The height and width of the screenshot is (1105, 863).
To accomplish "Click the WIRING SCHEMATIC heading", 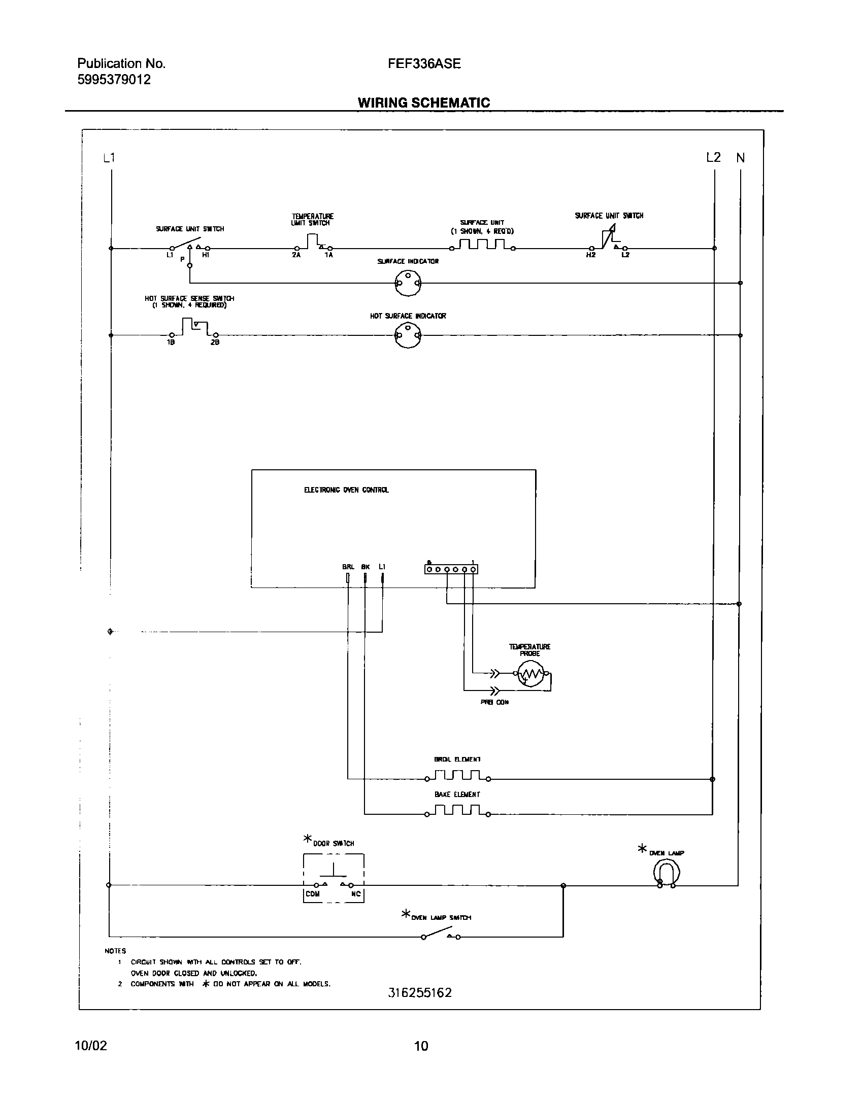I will tap(424, 103).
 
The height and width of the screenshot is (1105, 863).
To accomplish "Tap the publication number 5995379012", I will tap(114, 80).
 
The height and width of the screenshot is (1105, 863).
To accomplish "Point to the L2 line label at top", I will tap(713, 157).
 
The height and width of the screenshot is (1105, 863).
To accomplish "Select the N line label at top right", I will tap(741, 158).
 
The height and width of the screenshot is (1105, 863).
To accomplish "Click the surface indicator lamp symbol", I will tap(408, 283).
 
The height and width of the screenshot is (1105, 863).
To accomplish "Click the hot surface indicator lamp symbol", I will tap(408, 335).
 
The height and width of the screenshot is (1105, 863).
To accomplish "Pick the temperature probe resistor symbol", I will tap(531, 674).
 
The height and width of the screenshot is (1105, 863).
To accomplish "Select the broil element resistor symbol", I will tap(457, 775).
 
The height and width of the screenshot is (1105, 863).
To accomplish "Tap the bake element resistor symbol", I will tap(457, 810).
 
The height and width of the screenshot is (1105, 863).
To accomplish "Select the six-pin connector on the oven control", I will tap(451, 569).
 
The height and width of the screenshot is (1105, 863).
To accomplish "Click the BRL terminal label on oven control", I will tap(348, 566).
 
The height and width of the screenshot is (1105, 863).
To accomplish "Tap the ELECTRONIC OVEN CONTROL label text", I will tap(346, 490).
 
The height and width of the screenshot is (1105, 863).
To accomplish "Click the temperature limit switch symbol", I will tap(313, 242).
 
